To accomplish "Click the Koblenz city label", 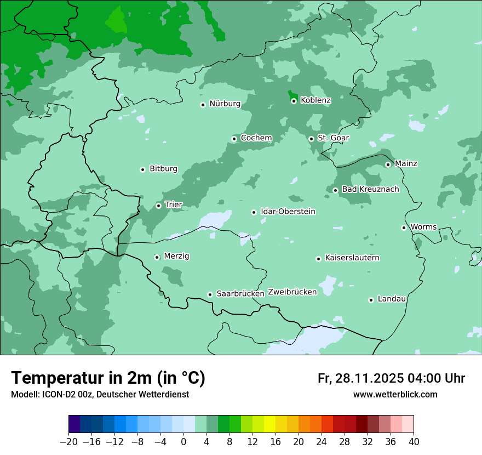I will click(315, 100).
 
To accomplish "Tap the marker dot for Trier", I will click(158, 206).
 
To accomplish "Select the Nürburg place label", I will click(225, 104).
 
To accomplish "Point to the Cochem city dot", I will click(234, 139).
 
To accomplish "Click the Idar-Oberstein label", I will click(288, 212).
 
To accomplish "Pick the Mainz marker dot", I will click(388, 164).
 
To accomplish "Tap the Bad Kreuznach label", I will click(370, 189).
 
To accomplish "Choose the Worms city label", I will click(423, 227).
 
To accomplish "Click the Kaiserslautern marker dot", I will click(318, 259).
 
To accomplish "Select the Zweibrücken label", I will click(292, 292).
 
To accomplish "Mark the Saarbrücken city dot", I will click(210, 294).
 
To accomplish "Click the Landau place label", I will click(392, 299).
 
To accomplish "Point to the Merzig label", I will click(176, 257).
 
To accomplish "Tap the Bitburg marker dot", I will click(142, 169).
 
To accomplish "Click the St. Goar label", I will click(333, 138).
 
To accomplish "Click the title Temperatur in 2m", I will click(108, 378).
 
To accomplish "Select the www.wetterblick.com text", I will click(395, 395).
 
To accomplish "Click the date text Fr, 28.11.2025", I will click(361, 378).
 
